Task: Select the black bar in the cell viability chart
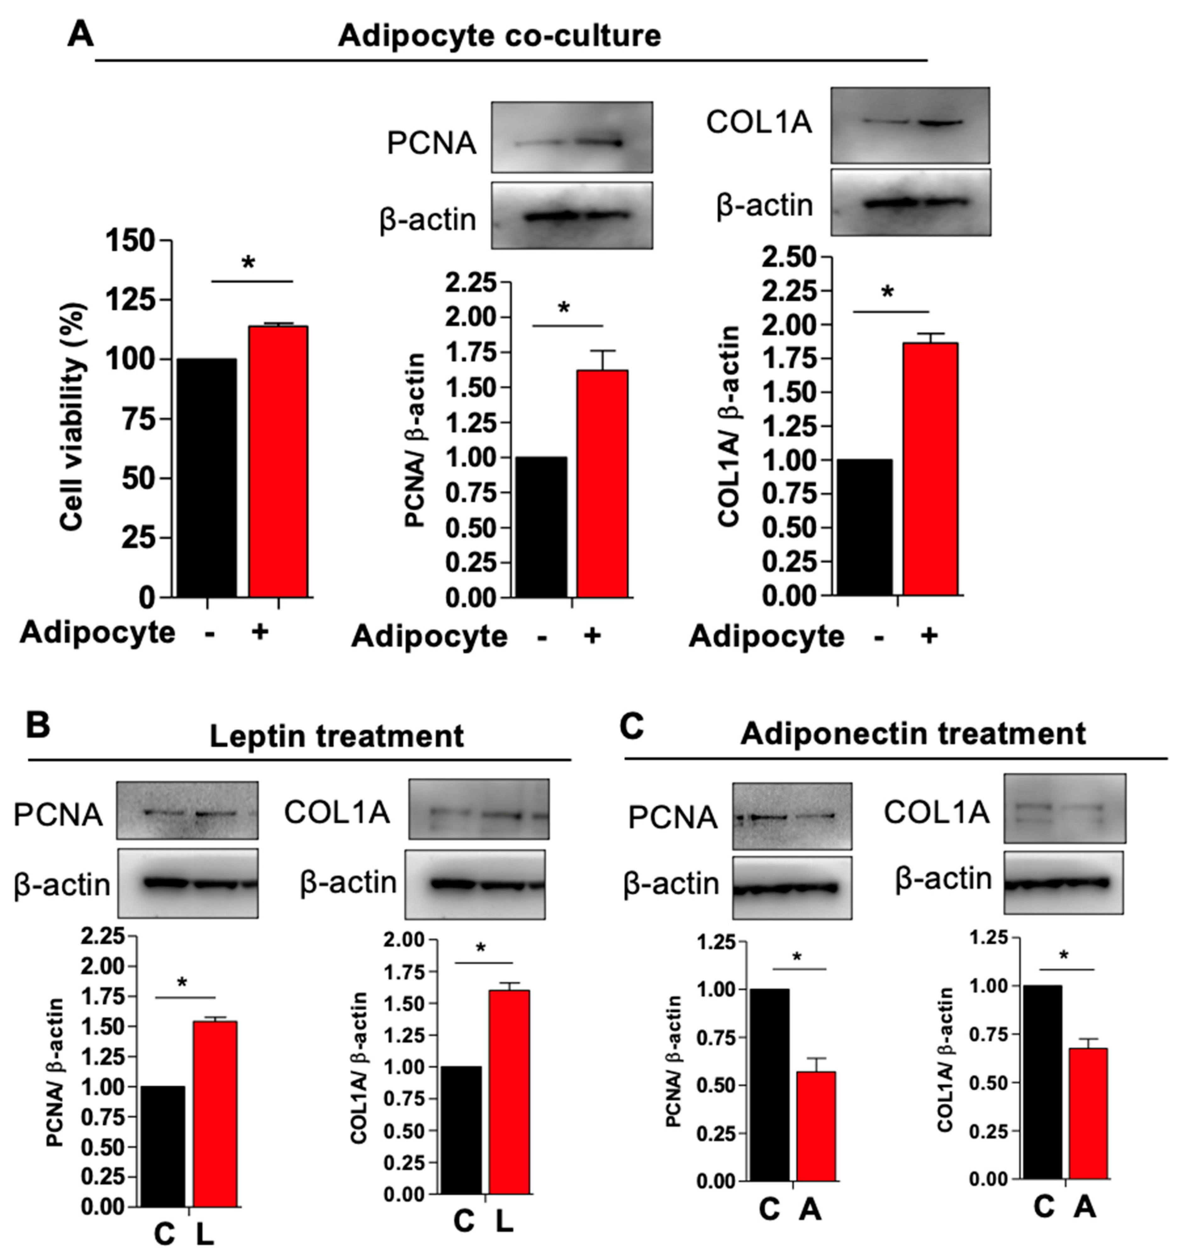coord(207,478)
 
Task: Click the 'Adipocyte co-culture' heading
coord(499,36)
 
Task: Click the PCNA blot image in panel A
coord(572,137)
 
